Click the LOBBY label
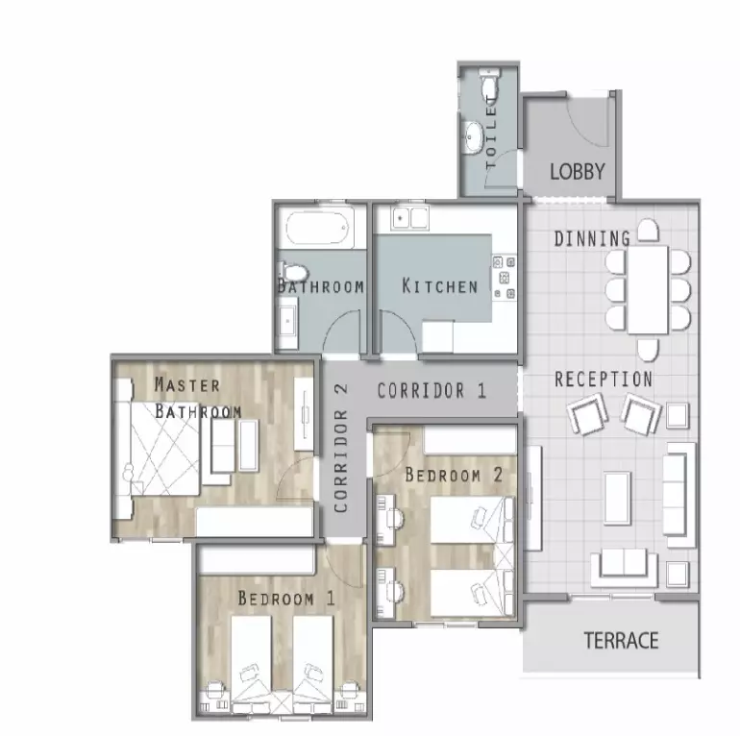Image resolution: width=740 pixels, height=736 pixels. click(578, 171)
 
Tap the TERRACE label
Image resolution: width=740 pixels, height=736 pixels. click(621, 640)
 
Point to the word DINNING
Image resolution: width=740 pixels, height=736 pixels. click(592, 238)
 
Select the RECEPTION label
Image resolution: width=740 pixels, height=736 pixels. click(604, 380)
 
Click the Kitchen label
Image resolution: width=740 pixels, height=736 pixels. click(440, 286)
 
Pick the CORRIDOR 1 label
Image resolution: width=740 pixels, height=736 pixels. click(432, 391)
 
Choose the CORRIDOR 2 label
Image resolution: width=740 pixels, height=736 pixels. click(341, 448)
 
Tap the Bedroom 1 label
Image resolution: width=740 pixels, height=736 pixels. click(286, 599)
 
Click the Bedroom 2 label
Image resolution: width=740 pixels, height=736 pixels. click(454, 475)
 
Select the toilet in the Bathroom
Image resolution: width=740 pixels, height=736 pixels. click(293, 272)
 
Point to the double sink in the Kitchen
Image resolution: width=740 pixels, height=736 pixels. click(409, 218)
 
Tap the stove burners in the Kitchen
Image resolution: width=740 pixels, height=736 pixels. click(504, 278)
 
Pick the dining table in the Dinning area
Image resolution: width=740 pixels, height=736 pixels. click(648, 289)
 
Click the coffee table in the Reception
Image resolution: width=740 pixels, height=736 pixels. click(618, 499)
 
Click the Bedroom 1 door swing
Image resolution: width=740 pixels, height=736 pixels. click(344, 566)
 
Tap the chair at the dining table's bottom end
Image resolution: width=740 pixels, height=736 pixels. click(648, 350)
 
